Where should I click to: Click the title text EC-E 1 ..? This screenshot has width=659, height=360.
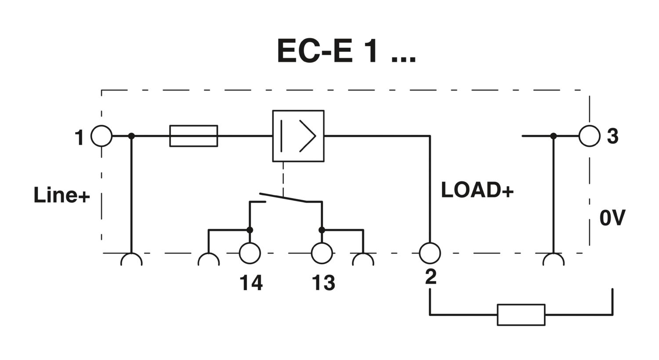(x=346, y=51)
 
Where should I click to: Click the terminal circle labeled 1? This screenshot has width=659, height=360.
(x=101, y=136)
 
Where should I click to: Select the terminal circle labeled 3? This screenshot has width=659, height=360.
(x=590, y=136)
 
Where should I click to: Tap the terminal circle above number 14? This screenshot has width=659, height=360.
(x=250, y=253)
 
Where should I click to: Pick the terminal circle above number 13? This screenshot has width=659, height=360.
(x=322, y=253)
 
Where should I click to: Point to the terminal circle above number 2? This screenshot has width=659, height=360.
(x=430, y=253)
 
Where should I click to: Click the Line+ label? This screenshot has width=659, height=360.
(x=62, y=195)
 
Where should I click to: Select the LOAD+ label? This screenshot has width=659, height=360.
(x=477, y=190)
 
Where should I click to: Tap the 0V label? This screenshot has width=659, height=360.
(x=612, y=218)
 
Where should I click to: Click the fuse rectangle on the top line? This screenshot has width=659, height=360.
(x=193, y=136)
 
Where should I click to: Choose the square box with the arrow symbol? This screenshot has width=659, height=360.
(x=298, y=136)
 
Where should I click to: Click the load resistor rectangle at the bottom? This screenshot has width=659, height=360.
(x=521, y=315)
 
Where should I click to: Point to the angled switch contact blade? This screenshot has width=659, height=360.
(x=283, y=198)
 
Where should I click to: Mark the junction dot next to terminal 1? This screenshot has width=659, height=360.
(x=131, y=136)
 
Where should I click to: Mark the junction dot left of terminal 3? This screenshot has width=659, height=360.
(x=554, y=136)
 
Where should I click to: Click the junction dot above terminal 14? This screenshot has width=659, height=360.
(x=250, y=230)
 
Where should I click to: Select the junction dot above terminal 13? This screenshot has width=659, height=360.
(x=322, y=230)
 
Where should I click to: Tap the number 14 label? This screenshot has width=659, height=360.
(x=251, y=283)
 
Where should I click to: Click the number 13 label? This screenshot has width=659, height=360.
(x=323, y=283)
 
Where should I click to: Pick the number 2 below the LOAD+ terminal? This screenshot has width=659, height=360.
(x=431, y=277)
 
